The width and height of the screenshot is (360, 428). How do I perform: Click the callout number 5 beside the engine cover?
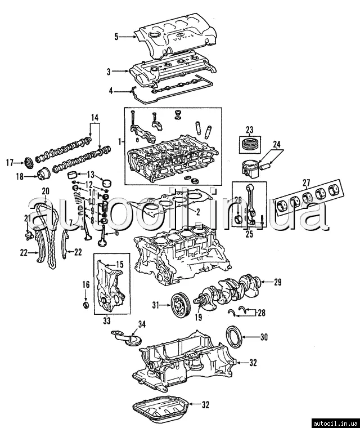(116, 37)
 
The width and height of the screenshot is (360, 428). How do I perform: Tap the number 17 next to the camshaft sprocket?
(10, 163)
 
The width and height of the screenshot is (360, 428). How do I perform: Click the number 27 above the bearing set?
(306, 182)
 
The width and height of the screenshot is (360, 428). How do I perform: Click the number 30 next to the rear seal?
(264, 337)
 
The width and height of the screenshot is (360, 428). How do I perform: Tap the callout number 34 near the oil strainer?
(142, 324)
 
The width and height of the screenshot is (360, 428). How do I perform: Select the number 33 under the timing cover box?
(107, 322)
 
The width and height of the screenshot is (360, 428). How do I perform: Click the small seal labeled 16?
(86, 305)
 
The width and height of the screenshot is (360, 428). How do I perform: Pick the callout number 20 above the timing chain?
(46, 191)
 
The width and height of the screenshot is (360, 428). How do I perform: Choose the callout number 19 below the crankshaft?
(198, 318)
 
